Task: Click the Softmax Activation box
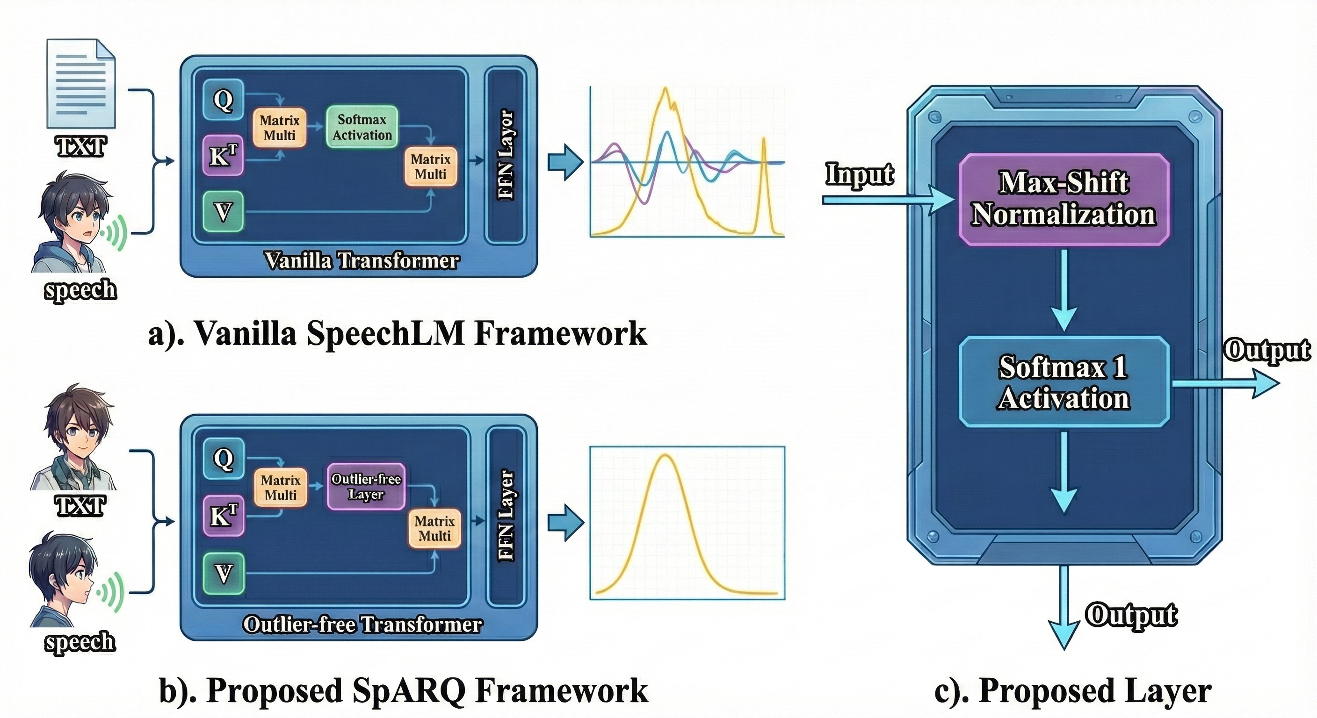[x=362, y=127]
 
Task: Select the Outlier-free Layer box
[x=366, y=487]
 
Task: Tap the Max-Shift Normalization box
[x=1064, y=199]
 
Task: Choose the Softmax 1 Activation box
[x=1064, y=382]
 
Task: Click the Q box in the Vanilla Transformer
[x=223, y=100]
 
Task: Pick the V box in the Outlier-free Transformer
[x=224, y=574]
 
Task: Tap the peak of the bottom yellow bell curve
[x=665, y=456]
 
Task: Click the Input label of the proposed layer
[x=860, y=174]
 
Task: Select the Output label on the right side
[x=1266, y=351]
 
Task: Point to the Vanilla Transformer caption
[x=362, y=261]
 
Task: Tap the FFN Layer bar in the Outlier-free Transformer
[x=506, y=516]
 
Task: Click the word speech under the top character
[x=80, y=290]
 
